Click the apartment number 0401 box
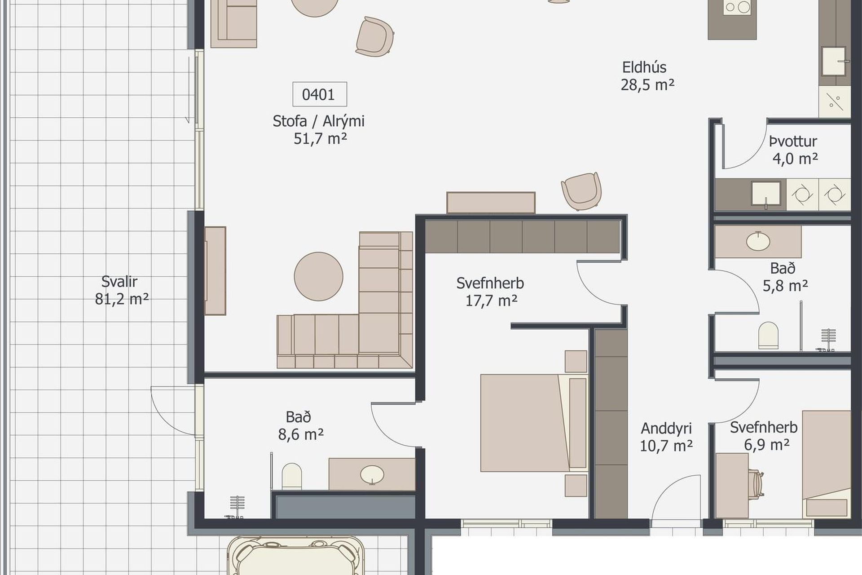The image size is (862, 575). [x=320, y=94]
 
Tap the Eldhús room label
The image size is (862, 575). [x=644, y=67]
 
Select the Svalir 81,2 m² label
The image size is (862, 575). [x=121, y=290]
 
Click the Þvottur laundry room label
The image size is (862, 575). [x=793, y=142]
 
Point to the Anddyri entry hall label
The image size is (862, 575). [x=666, y=429]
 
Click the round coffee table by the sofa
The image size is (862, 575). [x=318, y=276]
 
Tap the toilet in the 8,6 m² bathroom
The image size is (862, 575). [x=291, y=476]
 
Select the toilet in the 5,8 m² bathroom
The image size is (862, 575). [x=768, y=335]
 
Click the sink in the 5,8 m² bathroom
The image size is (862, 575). [x=758, y=241]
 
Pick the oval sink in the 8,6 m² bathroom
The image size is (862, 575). [x=372, y=474]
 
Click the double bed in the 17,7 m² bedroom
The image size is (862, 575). [x=534, y=423]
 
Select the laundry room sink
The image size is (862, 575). [x=766, y=194]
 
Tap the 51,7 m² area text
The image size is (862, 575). [x=320, y=139]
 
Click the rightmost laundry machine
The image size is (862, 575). [x=834, y=195]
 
